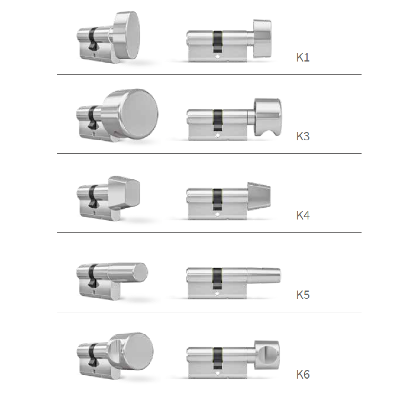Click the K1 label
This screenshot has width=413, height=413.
click(x=303, y=58)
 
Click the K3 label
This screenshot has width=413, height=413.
click(x=303, y=136)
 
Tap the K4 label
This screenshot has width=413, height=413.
click(x=303, y=215)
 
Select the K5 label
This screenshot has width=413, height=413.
click(x=303, y=295)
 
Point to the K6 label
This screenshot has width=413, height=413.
click(x=303, y=374)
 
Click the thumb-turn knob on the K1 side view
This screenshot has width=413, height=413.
click(x=262, y=38)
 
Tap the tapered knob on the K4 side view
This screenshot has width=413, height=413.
click(x=259, y=196)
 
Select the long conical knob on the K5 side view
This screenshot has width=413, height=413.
click(x=263, y=275)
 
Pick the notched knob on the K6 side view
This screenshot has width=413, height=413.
click(x=267, y=355)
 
